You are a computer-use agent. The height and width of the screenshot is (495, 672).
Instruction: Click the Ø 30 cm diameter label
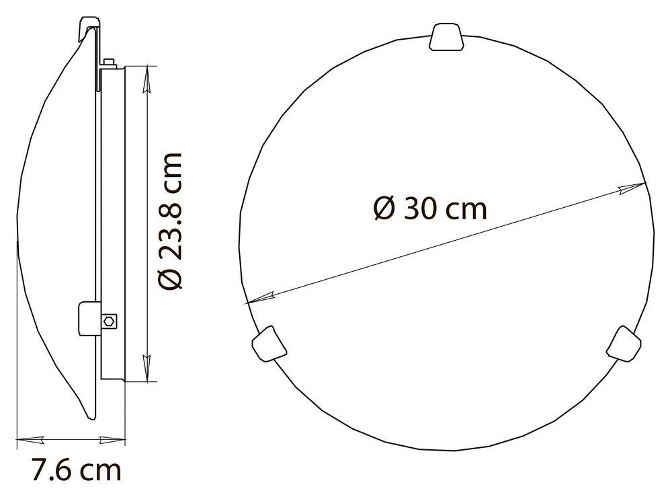pos(430,209)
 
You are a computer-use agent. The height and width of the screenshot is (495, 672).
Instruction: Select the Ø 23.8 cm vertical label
pos(171,221)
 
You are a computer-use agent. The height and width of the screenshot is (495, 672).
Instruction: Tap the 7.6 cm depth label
pos(77,470)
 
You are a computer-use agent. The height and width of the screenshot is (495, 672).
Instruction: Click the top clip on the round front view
pos(446,37)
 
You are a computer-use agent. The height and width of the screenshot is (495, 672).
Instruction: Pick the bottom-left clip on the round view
pos(269,344)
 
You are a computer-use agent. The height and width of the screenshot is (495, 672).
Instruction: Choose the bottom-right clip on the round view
pos(624,344)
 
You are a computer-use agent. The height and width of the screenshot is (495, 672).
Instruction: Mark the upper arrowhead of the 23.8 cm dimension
pos(147,79)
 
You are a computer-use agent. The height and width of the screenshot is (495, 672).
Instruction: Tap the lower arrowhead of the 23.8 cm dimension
pos(147,368)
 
